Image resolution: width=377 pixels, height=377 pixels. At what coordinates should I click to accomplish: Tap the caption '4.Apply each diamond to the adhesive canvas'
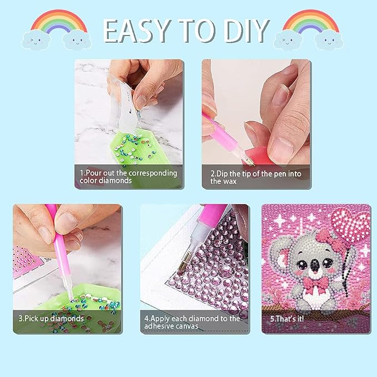[x=192, y=322]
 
